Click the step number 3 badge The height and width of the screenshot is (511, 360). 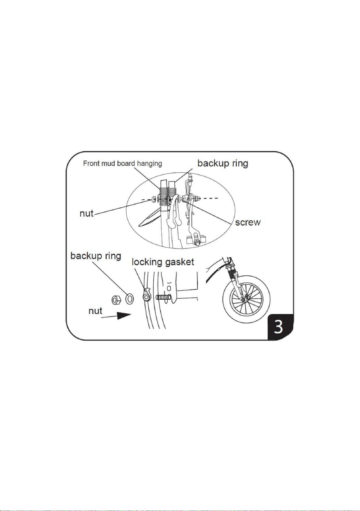tap(280, 327)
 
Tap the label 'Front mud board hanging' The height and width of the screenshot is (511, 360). tap(122, 163)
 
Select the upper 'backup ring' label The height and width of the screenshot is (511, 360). tap(222, 163)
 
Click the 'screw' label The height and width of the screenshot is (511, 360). tap(248, 222)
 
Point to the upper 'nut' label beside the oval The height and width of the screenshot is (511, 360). tap(87, 214)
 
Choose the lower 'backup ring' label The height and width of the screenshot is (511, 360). tap(95, 256)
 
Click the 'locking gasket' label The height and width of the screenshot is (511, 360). tap(163, 262)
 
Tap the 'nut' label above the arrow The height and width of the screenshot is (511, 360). tap(95, 311)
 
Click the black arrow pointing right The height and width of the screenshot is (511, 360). tap(116, 316)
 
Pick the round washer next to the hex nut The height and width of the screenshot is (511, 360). tap(129, 299)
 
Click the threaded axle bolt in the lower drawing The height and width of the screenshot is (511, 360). tap(163, 297)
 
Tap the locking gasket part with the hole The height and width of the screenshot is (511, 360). tap(146, 294)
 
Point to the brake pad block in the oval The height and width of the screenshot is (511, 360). tap(194, 239)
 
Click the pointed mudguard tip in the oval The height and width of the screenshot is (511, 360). tap(139, 226)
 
